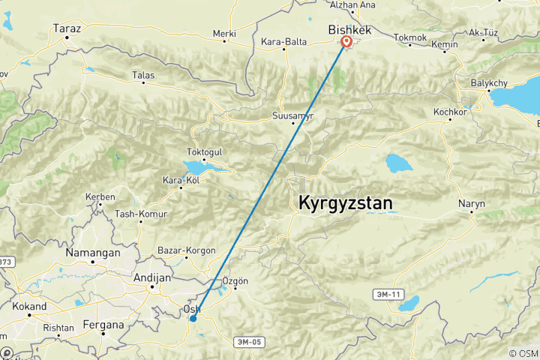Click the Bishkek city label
[350, 29]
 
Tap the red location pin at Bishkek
[346, 43]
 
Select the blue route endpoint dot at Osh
[193, 319]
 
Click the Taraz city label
[66, 28]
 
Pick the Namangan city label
[93, 253]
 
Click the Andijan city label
[152, 277]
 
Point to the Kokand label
[30, 306]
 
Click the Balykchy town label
[490, 82]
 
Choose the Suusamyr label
[292, 116]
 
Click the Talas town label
[143, 75]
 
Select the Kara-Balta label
[284, 42]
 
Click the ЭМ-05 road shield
[249, 341]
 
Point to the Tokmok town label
[409, 37]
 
